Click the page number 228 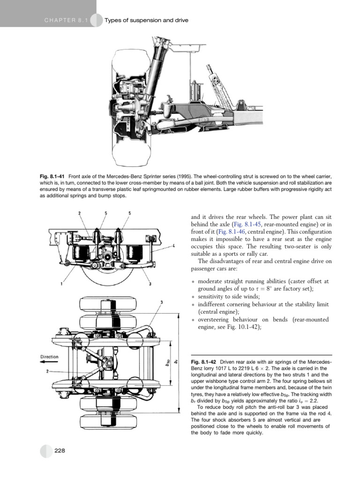click(60, 450)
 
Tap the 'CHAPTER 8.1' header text click(66, 20)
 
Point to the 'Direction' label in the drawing click(49, 357)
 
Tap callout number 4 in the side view click(173, 246)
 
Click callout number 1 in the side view click(61, 284)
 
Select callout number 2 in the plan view click(47, 371)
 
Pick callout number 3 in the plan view click(161, 302)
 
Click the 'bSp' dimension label click(167, 363)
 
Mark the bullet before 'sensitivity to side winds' click(193, 297)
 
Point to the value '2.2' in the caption click(314, 401)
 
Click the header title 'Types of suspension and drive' click(146, 20)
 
